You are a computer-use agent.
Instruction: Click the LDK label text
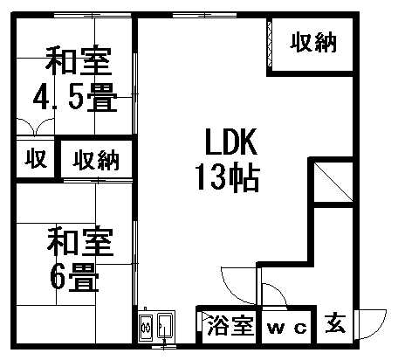pyautogui.click(x=231, y=142)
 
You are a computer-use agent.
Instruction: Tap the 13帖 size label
pyautogui.click(x=227, y=178)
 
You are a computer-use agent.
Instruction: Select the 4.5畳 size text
pyautogui.click(x=75, y=97)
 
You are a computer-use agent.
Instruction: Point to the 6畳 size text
pyautogui.click(x=75, y=277)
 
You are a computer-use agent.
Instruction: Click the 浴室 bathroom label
pyautogui.click(x=230, y=325)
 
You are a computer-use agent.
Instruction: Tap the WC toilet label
pyautogui.click(x=287, y=329)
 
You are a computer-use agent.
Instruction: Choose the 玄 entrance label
pyautogui.click(x=335, y=323)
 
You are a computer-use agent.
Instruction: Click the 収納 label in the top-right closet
pyautogui.click(x=313, y=43)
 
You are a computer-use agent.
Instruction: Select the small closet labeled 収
pyautogui.click(x=36, y=158)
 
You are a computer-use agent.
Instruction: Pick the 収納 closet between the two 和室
pyautogui.click(x=96, y=160)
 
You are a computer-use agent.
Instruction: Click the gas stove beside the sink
pyautogui.click(x=146, y=327)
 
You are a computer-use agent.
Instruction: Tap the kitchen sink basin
pyautogui.click(x=165, y=326)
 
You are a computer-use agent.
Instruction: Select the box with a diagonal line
pyautogui.click(x=333, y=182)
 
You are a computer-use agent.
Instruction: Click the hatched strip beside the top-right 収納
pyautogui.click(x=270, y=45)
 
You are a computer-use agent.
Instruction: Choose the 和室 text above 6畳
pyautogui.click(x=80, y=242)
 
